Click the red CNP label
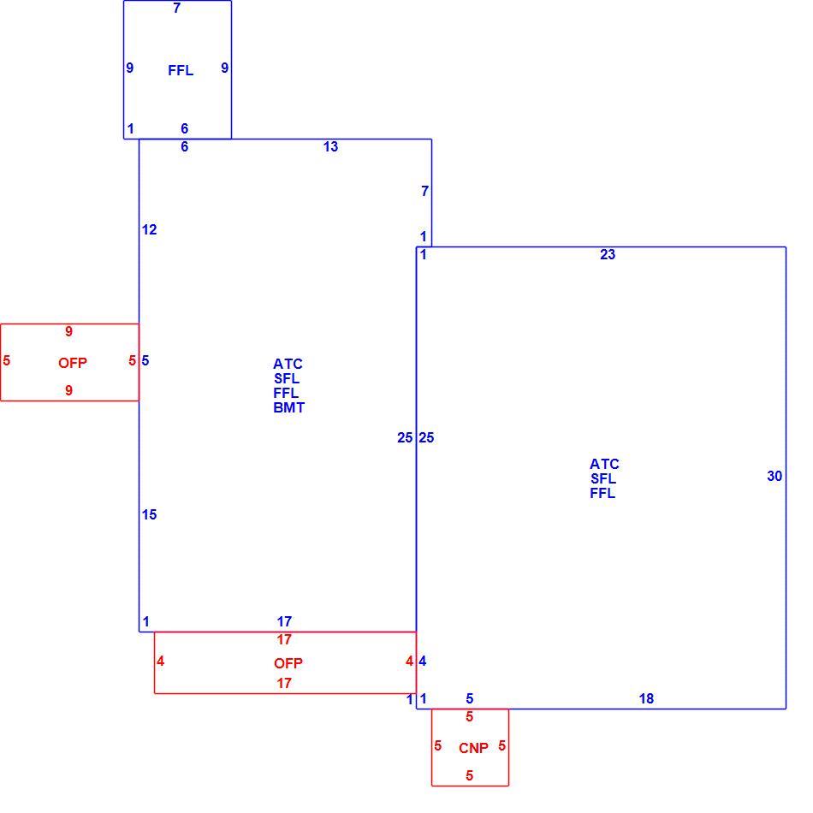click(473, 748)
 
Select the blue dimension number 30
click(774, 476)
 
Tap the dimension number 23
click(608, 254)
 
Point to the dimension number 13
click(331, 146)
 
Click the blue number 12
click(149, 229)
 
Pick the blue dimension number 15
click(149, 514)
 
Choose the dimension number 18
click(647, 698)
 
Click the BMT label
click(288, 407)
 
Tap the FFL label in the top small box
click(181, 70)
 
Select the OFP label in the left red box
click(73, 363)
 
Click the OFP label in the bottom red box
click(288, 663)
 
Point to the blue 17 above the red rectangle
click(284, 621)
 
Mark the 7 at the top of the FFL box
click(177, 8)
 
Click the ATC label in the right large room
click(604, 464)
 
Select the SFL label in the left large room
click(287, 378)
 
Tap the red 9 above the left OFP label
click(69, 331)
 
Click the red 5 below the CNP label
click(469, 775)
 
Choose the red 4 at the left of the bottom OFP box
click(161, 661)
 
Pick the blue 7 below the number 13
click(425, 192)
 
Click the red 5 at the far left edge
click(6, 360)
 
